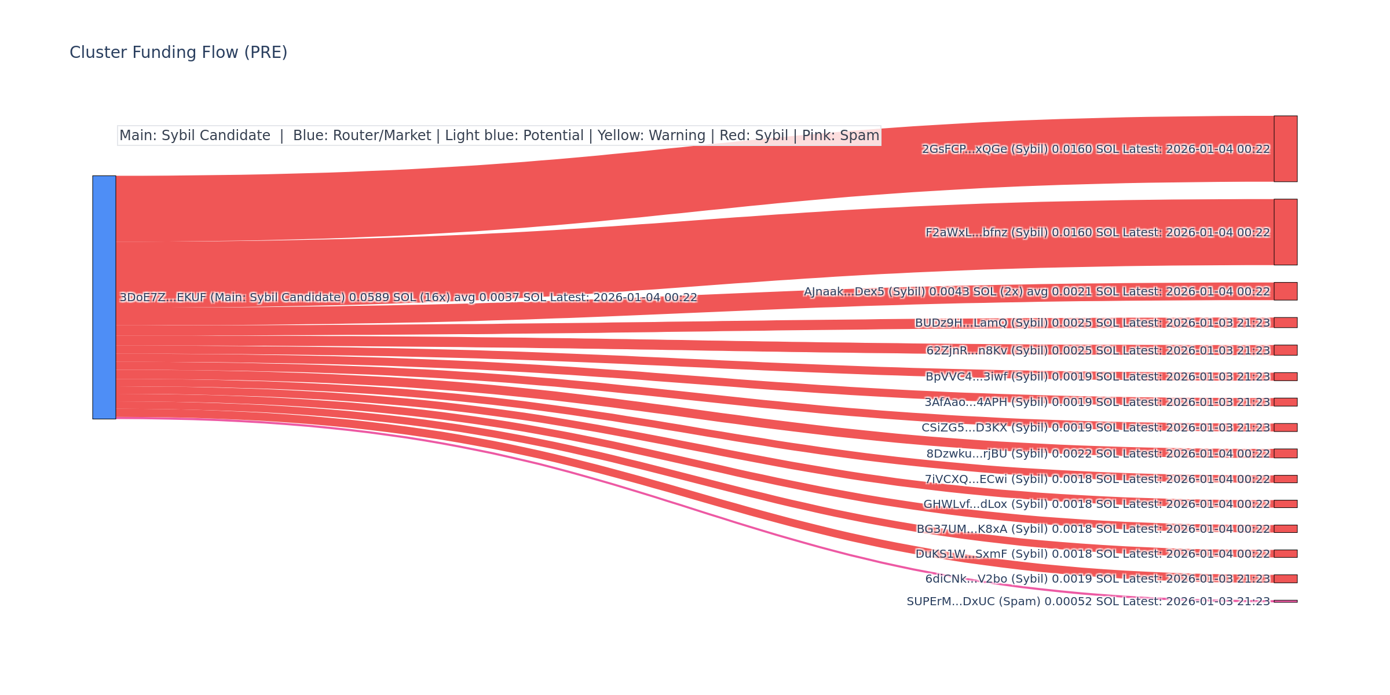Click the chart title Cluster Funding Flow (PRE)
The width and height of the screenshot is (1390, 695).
[178, 53]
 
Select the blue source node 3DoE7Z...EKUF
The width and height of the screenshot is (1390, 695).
[104, 297]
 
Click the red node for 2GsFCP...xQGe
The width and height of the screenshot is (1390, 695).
[1285, 149]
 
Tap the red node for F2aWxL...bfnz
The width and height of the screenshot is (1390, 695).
[1285, 232]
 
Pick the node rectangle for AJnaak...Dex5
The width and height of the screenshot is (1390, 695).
[1285, 291]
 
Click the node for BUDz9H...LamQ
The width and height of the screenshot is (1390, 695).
[1285, 323]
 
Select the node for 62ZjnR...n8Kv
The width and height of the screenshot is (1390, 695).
[1285, 350]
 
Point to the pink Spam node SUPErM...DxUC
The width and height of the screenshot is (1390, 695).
[1285, 601]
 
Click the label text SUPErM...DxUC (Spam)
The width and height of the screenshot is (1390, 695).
[973, 602]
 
